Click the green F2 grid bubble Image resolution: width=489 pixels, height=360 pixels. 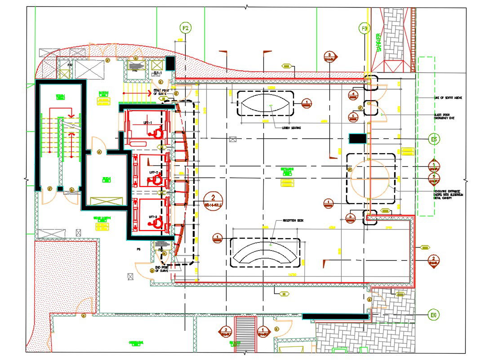pyautogui.click(x=185, y=28)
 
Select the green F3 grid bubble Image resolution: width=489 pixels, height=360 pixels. pyautogui.click(x=365, y=29)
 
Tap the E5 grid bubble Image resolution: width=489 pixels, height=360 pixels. pyautogui.click(x=433, y=140)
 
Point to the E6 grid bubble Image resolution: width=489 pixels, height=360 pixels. pyautogui.click(x=433, y=316)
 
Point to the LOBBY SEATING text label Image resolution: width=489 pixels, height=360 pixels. pyautogui.click(x=291, y=128)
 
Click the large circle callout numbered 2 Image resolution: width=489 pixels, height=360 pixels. pyautogui.click(x=213, y=199)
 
